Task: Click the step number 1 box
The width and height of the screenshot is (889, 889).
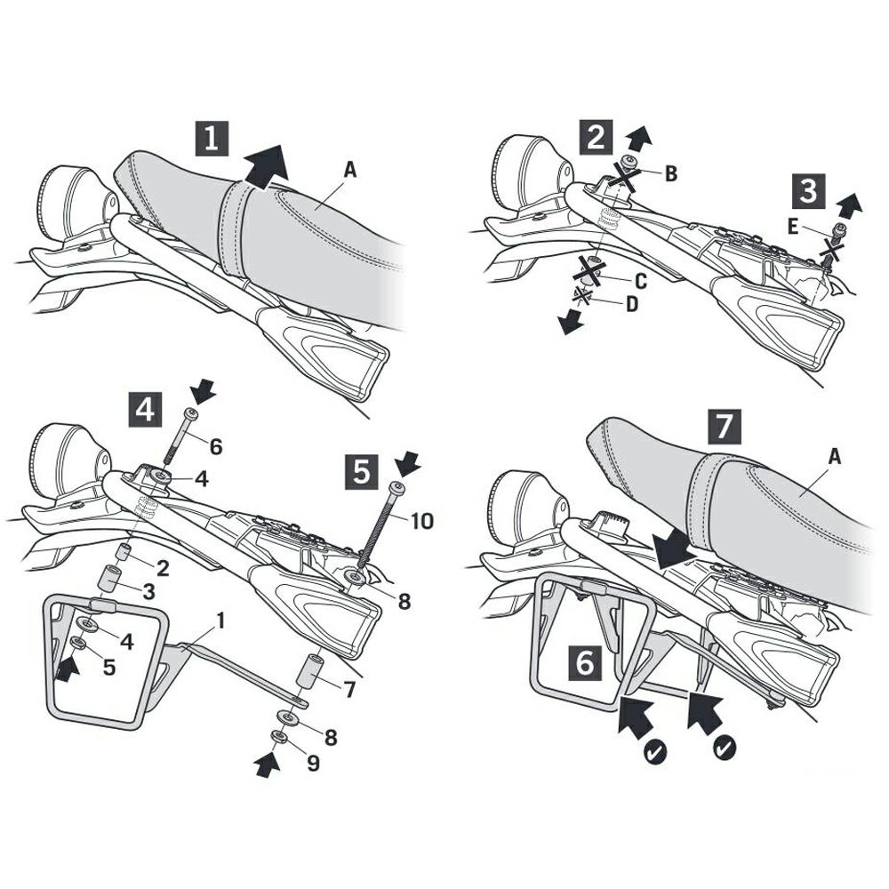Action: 212,138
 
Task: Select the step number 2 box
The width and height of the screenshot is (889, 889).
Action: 596,138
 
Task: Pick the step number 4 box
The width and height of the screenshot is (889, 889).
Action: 146,409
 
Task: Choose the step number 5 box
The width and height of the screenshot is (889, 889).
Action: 362,471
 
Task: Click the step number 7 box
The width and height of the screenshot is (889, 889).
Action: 724,426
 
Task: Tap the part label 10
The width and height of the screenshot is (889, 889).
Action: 420,520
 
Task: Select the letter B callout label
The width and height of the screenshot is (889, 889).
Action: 670,173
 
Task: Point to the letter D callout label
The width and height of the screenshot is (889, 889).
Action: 631,304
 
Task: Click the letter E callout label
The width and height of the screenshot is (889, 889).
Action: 793,228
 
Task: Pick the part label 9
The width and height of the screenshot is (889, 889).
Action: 313,763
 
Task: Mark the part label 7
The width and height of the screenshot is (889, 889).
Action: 348,690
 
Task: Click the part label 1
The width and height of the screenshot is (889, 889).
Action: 220,621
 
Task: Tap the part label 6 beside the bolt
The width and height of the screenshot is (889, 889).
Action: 215,447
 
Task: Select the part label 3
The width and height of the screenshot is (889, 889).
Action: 148,591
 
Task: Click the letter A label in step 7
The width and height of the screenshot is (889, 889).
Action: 835,456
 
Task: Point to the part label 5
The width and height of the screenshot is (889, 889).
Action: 108,668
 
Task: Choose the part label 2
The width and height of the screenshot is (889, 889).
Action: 163,568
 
